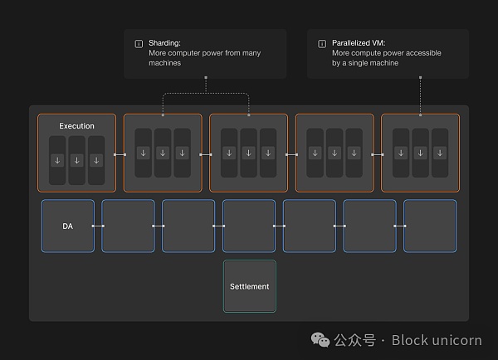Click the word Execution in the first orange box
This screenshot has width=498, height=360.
[76, 126]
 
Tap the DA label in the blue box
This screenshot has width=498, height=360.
[67, 225]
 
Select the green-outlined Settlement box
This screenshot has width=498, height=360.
[249, 286]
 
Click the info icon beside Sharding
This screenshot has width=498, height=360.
[138, 42]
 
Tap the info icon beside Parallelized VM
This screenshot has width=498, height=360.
[321, 42]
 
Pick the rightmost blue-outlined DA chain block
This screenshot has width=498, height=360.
[430, 226]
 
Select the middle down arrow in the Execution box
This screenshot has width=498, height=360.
[76, 160]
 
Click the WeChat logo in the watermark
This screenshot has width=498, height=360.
[320, 339]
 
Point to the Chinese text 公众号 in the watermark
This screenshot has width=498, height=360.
[354, 340]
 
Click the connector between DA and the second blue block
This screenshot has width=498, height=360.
[98, 226]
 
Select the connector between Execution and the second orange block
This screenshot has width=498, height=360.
[120, 154]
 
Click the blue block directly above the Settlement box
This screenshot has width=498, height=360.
[249, 226]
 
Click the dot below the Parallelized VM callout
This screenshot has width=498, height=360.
[421, 79]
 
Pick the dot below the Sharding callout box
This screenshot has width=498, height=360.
[205, 79]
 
